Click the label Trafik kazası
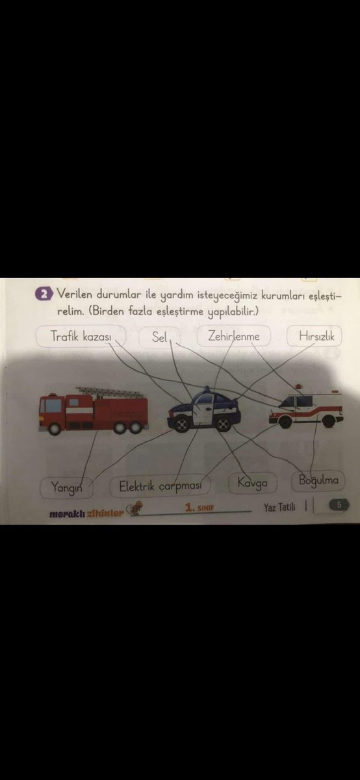81,337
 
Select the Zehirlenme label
234,337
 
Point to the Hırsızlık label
316,337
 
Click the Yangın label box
64,486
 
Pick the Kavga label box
253,483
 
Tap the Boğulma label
318,481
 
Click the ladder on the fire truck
110,393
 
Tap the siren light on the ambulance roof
298,387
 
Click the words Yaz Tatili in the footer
279,507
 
